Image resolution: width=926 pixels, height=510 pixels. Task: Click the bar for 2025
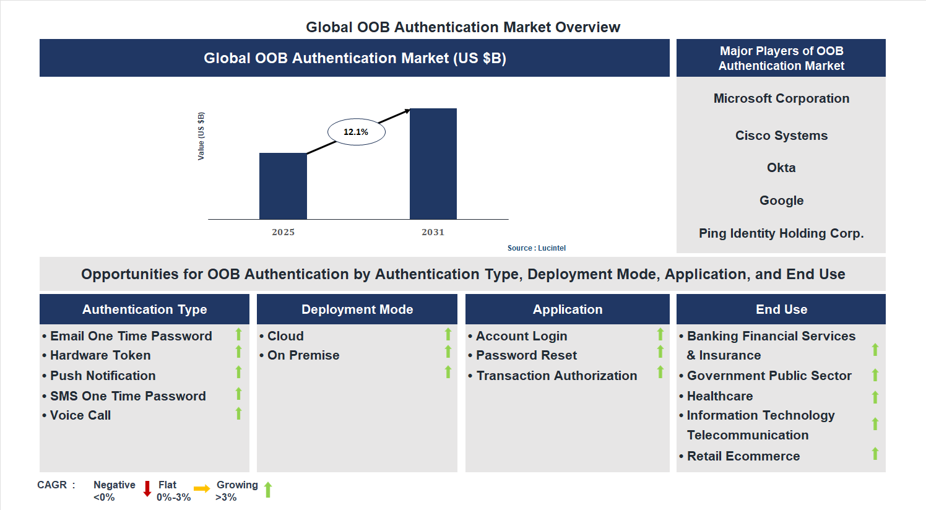click(x=283, y=186)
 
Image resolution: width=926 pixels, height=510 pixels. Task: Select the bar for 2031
click(x=433, y=164)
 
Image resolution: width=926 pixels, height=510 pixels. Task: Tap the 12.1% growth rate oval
click(x=356, y=132)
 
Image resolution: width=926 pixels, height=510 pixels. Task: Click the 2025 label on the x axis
click(x=283, y=232)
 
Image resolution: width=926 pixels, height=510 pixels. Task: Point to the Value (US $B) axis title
click(x=201, y=136)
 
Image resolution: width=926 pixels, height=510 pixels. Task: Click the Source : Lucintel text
click(x=536, y=248)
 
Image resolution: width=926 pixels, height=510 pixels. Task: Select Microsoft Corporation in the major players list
click(x=781, y=98)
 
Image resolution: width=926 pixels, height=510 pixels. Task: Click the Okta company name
click(x=781, y=168)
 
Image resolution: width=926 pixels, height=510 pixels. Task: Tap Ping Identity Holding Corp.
click(x=781, y=233)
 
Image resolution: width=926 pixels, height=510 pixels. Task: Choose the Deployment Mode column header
click(x=357, y=309)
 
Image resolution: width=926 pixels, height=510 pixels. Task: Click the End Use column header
click(x=781, y=309)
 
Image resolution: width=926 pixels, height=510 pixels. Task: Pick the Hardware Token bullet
click(x=100, y=355)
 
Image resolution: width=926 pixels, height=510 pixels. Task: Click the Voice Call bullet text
click(x=80, y=415)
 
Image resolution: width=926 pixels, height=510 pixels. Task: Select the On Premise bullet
click(x=303, y=355)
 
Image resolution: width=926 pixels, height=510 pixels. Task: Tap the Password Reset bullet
click(x=526, y=355)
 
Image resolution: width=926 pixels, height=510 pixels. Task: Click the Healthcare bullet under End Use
click(x=720, y=396)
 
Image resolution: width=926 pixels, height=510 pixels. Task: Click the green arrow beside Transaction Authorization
click(x=660, y=372)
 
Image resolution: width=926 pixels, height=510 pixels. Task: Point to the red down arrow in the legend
click(x=147, y=489)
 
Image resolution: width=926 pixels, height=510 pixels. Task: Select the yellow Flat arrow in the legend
click(x=202, y=489)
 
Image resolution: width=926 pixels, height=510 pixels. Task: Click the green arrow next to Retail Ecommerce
click(x=875, y=454)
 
